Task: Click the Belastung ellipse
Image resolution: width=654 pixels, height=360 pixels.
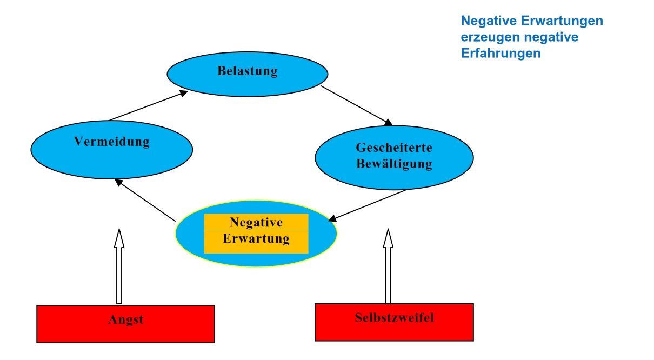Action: pos(247,71)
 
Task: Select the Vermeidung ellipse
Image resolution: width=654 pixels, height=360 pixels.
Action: pos(111,143)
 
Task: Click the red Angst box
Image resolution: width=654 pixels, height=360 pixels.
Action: pos(125,324)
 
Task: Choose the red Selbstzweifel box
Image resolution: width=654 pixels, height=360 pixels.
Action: pos(394,322)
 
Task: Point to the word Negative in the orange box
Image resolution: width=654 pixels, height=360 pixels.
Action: pos(256,222)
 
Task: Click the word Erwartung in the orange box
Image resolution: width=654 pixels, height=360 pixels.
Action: pos(256,238)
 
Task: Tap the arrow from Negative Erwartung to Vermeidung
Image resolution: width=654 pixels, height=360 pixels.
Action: pos(146,201)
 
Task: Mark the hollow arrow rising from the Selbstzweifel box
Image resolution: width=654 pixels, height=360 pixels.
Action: pos(388,266)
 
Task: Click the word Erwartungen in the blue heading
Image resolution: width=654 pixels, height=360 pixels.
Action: pos(567,22)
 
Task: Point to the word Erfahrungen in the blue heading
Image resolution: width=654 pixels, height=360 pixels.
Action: pos(501,54)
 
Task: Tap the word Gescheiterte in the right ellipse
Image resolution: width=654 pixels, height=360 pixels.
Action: pos(394,148)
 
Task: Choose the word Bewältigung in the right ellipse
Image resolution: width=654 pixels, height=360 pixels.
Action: pos(394,164)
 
